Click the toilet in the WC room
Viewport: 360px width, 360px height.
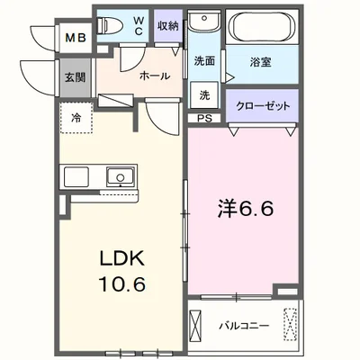pos(110,24)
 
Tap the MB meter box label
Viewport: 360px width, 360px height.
pos(76,38)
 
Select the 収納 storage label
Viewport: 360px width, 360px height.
pos(168,26)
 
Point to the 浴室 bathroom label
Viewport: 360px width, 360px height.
pos(261,62)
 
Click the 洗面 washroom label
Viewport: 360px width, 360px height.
pos(204,61)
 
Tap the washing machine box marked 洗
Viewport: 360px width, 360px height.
pos(204,95)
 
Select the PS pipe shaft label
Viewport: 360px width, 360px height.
pos(204,118)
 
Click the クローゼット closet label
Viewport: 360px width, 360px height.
pos(263,106)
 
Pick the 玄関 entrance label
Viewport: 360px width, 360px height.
pos(76,77)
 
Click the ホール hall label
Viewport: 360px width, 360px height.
pos(155,76)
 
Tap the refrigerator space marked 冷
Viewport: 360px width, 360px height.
pos(76,118)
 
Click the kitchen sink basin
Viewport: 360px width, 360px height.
pos(120,176)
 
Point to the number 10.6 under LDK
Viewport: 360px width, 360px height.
pos(122,284)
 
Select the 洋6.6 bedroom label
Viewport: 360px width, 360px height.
pos(246,209)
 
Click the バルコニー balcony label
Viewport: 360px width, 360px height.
pos(244,326)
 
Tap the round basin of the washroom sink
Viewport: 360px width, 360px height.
pos(204,18)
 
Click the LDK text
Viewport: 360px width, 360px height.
pos(122,259)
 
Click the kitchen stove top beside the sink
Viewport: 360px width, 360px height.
pos(76,176)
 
